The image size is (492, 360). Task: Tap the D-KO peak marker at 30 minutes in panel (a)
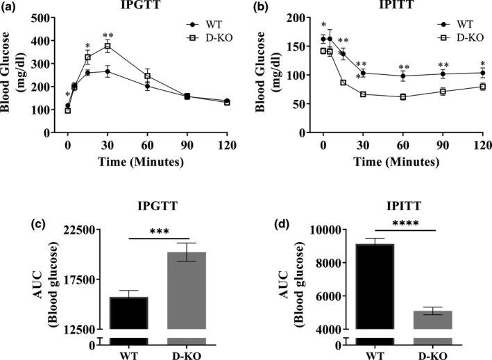pos(108,46)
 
